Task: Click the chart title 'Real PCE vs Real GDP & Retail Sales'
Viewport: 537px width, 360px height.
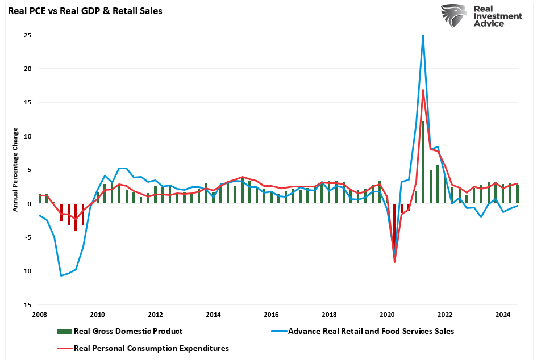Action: pos(85,11)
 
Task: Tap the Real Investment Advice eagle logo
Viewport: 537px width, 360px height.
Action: pos(454,15)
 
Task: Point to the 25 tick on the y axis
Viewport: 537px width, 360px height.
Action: pos(27,35)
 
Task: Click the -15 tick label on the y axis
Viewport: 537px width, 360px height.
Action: pos(26,305)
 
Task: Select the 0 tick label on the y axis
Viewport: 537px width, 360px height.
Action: pos(29,204)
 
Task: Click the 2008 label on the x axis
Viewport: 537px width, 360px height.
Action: pos(39,314)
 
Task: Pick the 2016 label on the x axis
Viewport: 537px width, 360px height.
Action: pos(271,314)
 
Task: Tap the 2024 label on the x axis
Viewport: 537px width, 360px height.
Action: pos(502,314)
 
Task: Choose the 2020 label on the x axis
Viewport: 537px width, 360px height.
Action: pos(387,314)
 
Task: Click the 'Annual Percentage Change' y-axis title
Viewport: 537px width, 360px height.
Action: pos(16,169)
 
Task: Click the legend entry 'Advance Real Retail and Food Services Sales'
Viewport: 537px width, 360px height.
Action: pos(371,331)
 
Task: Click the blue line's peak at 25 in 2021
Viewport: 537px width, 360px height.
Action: pos(423,35)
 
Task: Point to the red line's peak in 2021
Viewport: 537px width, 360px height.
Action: pos(423,90)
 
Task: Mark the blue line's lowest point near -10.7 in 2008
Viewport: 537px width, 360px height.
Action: pos(61,276)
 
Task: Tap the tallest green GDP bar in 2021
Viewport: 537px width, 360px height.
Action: pos(423,162)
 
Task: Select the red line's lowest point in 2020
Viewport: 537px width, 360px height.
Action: pos(394,262)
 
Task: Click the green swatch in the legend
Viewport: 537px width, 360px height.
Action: pos(64,331)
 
